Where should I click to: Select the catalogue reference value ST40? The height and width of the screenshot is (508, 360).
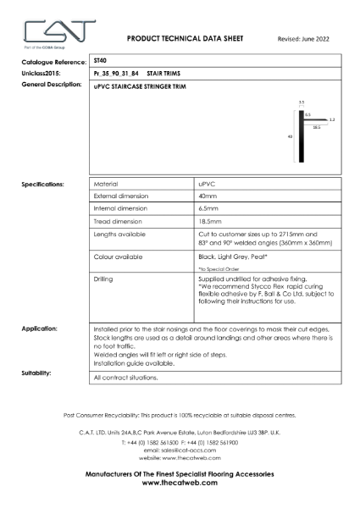(100, 61)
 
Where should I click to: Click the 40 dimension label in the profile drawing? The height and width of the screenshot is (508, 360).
(291, 135)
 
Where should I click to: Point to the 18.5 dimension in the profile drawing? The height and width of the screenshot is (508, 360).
(316, 126)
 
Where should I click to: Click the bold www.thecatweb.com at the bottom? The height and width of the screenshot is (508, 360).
(180, 484)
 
